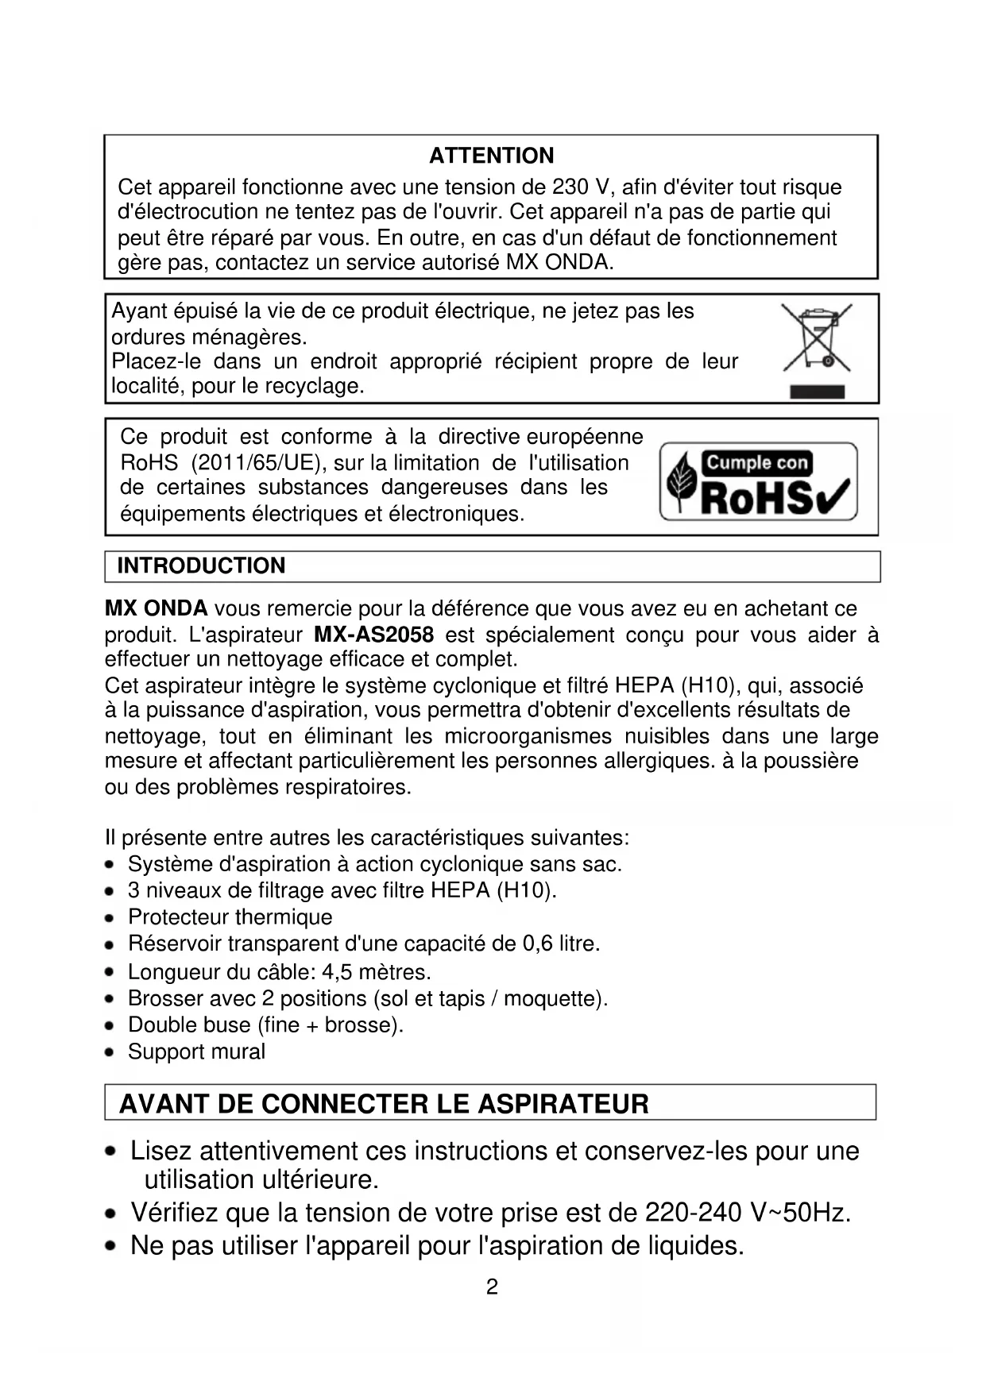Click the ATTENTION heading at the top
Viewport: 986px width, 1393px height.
[491, 156]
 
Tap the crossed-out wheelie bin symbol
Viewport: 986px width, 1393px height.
[817, 338]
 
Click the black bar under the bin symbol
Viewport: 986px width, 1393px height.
[817, 391]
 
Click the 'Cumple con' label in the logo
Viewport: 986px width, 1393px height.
[756, 462]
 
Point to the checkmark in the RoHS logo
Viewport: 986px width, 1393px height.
[833, 497]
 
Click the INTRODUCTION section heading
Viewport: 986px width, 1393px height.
[201, 565]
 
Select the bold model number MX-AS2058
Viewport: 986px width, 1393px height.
[374, 635]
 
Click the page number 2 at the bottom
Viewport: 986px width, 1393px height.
[492, 1287]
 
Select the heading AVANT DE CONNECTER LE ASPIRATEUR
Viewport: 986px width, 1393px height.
[384, 1104]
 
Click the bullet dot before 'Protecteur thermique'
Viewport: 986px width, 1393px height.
[110, 918]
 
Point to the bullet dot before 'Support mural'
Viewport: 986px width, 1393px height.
[110, 1052]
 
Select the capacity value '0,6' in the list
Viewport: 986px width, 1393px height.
[537, 943]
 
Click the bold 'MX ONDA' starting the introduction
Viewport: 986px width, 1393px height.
[156, 609]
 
